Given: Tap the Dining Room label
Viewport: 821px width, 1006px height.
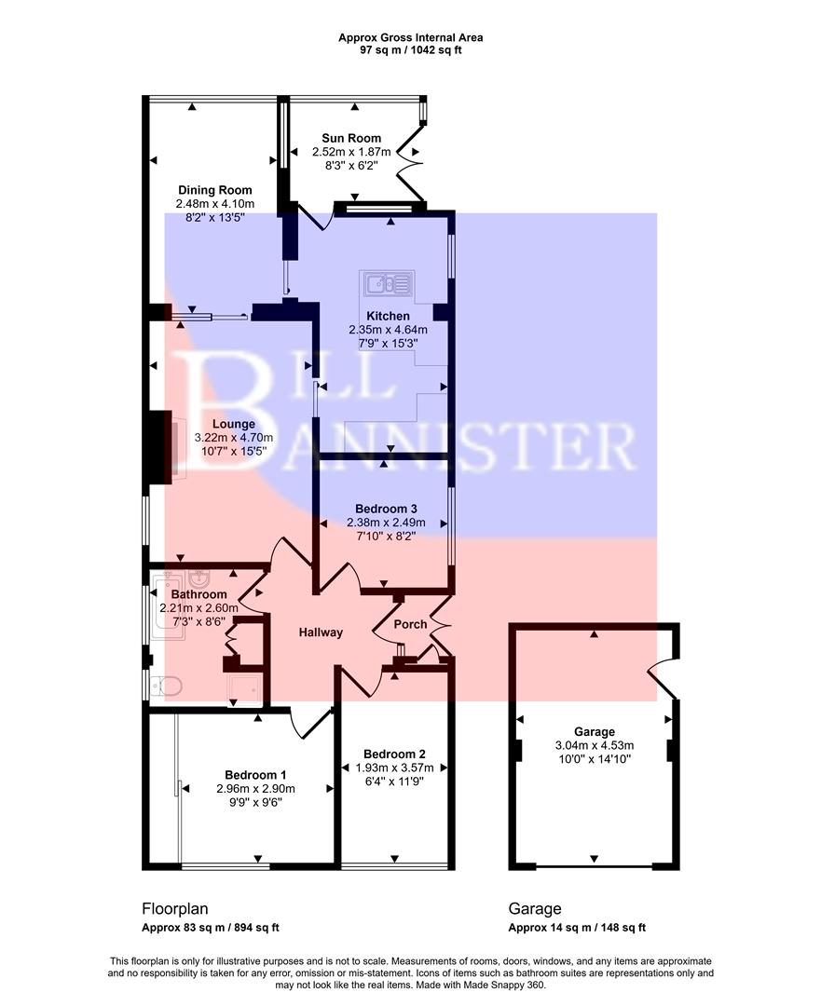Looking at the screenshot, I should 215,191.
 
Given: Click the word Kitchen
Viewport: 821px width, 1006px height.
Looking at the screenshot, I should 388,317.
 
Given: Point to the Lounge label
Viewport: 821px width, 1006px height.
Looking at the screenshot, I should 233,425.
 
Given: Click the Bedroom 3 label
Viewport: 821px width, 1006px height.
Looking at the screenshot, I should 386,510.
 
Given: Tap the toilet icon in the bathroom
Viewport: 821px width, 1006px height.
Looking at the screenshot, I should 168,687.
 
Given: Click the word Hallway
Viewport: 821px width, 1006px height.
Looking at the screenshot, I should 321,632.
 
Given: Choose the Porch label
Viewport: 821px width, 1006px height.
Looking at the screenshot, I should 411,624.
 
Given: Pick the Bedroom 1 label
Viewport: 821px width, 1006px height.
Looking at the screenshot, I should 255,775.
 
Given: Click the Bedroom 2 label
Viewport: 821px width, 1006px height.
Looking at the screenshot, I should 394,754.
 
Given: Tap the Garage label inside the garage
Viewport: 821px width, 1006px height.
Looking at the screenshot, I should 594,731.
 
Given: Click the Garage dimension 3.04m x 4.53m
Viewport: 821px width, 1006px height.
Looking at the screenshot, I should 594,745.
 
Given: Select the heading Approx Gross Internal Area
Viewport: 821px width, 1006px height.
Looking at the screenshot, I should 411,38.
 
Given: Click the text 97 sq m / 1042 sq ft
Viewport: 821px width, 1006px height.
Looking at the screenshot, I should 411,50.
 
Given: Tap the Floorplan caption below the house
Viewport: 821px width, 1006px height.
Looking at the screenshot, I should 174,908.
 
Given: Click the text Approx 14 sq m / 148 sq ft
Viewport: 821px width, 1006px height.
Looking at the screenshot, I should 577,928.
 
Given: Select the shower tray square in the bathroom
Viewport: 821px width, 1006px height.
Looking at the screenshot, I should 244,691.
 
